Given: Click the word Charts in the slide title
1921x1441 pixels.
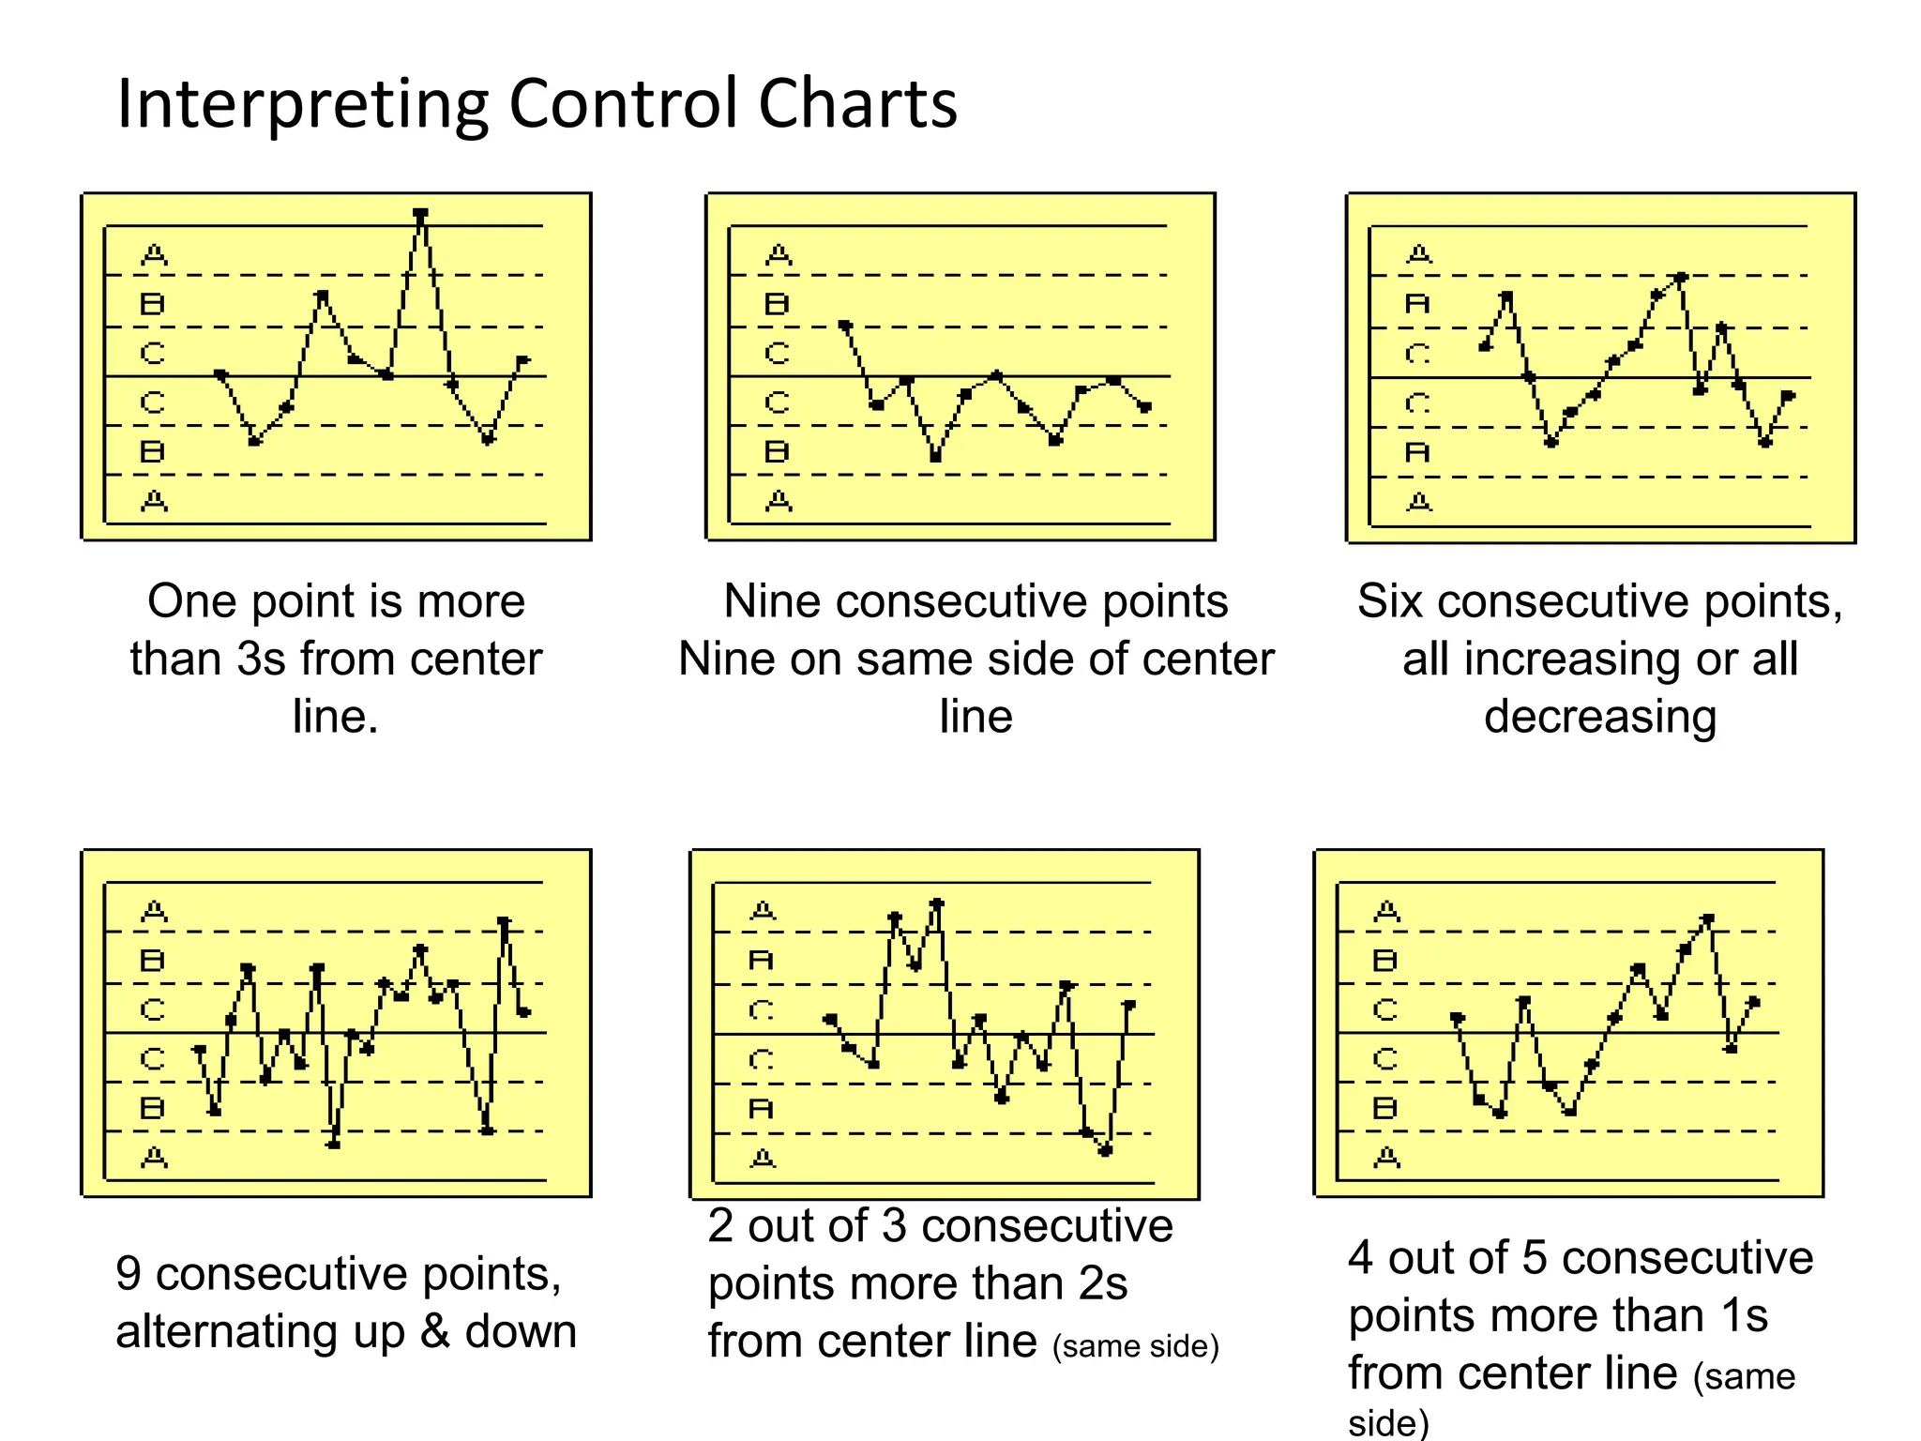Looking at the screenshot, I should click(x=857, y=103).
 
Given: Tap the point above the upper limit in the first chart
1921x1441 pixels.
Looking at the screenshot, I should click(x=421, y=214).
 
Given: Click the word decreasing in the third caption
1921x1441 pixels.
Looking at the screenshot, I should click(x=1600, y=717).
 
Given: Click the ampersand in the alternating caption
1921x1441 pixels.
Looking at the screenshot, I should click(x=434, y=1331).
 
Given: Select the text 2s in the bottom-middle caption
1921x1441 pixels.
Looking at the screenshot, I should click(x=1103, y=1283).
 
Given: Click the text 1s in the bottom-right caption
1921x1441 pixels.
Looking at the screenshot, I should click(x=1744, y=1315).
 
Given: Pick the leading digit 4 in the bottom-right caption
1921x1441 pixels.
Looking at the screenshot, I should click(x=1361, y=1258).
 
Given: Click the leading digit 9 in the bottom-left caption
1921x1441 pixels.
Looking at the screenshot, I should click(x=128, y=1274).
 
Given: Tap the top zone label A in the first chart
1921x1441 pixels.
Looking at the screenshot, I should click(x=154, y=254).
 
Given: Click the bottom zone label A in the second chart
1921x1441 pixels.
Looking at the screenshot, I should click(x=779, y=502).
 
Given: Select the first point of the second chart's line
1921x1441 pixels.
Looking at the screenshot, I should click(x=845, y=326).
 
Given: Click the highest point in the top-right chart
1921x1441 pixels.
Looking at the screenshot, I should click(x=1681, y=278).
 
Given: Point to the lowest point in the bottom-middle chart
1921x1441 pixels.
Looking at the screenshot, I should click(x=1105, y=1151).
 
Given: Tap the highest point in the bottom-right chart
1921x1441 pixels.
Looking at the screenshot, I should click(x=1708, y=918).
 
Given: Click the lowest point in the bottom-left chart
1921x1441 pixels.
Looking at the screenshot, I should click(x=334, y=1145).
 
